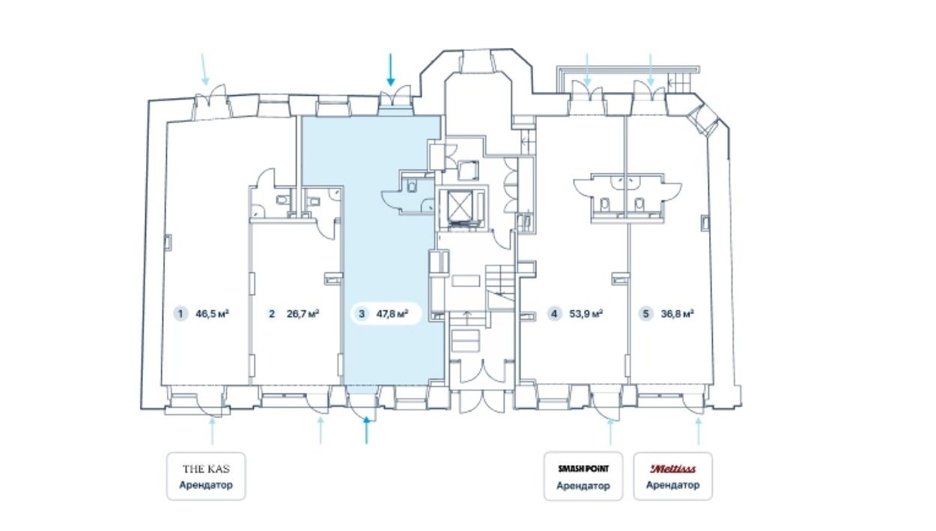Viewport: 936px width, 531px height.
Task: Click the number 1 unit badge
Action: tap(180, 313)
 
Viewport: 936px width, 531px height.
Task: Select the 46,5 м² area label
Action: tap(212, 313)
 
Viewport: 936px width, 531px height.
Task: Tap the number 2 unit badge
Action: tap(272, 313)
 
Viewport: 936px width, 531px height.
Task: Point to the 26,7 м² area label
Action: tap(303, 313)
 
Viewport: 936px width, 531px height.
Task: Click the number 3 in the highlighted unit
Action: tap(362, 313)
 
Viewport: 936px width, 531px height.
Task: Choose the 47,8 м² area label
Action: tap(392, 313)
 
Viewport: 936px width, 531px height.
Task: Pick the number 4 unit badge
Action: tap(555, 313)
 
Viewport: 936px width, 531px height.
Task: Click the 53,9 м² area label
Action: tap(586, 313)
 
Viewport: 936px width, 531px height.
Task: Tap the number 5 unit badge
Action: tap(646, 313)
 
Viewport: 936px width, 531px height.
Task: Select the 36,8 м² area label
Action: tap(678, 313)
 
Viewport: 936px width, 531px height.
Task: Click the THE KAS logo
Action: tap(206, 469)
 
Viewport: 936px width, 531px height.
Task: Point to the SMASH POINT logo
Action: tap(583, 468)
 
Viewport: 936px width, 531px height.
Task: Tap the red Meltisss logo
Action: tap(672, 469)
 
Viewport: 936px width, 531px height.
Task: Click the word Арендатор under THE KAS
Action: tap(206, 485)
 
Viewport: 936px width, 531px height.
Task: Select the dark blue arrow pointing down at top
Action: tap(391, 70)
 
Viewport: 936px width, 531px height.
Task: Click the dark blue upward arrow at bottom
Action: tap(366, 430)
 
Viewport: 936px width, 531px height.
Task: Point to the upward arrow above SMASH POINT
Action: tap(610, 432)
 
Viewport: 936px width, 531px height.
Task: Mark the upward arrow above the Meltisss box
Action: tap(698, 432)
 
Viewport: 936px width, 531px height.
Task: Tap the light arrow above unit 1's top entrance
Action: tap(204, 70)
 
